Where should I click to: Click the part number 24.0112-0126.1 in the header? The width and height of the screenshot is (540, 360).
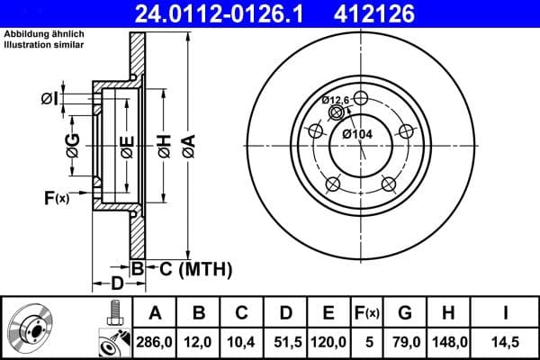click(230, 13)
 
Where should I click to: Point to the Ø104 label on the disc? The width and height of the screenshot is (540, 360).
click(358, 134)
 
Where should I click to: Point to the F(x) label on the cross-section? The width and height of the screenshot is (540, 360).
click(56, 197)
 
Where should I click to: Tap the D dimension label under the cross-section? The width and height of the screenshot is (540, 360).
click(117, 284)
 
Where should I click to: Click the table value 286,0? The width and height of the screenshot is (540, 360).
click(155, 342)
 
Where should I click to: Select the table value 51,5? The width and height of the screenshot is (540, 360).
click(285, 342)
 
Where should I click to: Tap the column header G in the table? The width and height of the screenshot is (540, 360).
click(405, 313)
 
